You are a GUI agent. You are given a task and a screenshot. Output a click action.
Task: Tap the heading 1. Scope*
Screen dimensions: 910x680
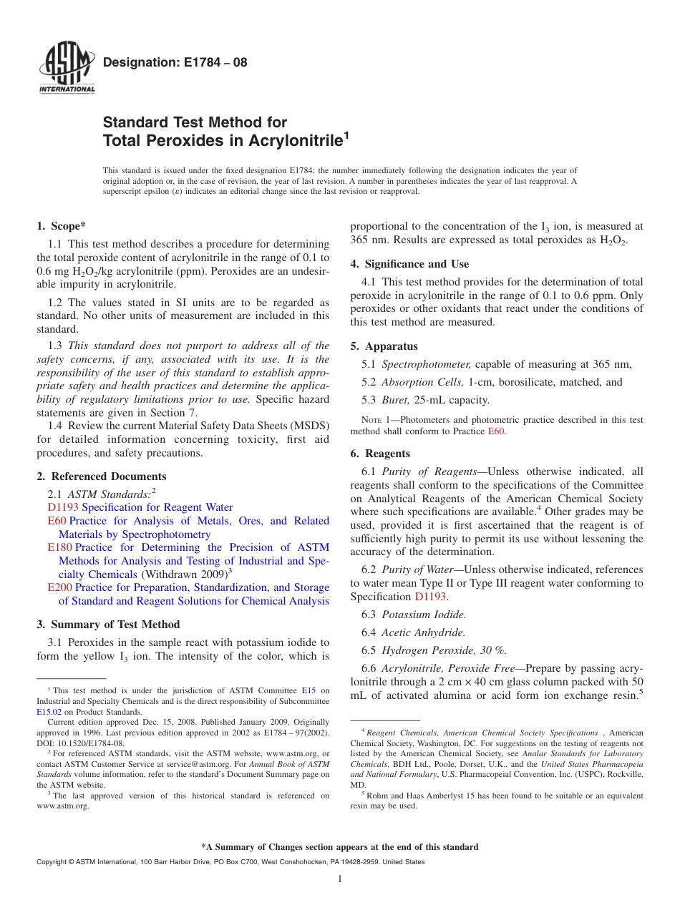coord(62,226)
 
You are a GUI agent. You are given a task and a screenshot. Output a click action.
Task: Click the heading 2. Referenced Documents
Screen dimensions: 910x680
coord(102,476)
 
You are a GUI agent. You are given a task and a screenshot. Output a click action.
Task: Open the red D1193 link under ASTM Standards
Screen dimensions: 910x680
coord(62,507)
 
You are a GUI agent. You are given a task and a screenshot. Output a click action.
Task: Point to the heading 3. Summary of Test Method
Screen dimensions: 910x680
coord(108,625)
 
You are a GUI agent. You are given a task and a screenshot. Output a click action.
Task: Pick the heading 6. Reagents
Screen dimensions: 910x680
coord(380,454)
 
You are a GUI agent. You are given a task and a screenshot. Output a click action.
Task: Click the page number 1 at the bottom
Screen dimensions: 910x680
coord(340,879)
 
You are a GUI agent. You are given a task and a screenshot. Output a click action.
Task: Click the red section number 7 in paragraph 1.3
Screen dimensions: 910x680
coord(191,413)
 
